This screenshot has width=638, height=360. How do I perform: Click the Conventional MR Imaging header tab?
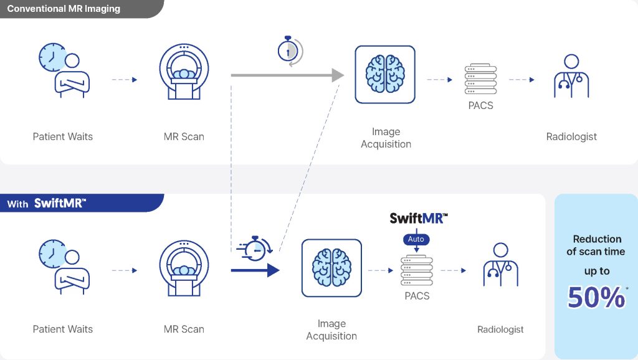[64, 9]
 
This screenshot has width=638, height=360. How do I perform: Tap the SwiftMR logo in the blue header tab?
[60, 203]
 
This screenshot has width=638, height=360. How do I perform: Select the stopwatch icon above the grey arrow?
[288, 49]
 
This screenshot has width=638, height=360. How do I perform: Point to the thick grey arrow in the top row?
[287, 75]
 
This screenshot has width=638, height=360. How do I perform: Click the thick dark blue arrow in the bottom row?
[255, 270]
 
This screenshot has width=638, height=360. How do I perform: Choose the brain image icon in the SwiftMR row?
[331, 268]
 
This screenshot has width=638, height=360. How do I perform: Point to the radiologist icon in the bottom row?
[500, 265]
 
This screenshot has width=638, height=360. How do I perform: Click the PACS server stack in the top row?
[480, 79]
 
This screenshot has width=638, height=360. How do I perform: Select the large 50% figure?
[596, 298]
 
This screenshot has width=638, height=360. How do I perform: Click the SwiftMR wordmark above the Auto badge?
[419, 218]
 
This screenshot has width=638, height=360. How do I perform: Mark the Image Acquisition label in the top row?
[386, 138]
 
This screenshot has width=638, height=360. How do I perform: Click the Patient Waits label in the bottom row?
[62, 329]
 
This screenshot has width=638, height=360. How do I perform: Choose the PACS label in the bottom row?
[417, 296]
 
